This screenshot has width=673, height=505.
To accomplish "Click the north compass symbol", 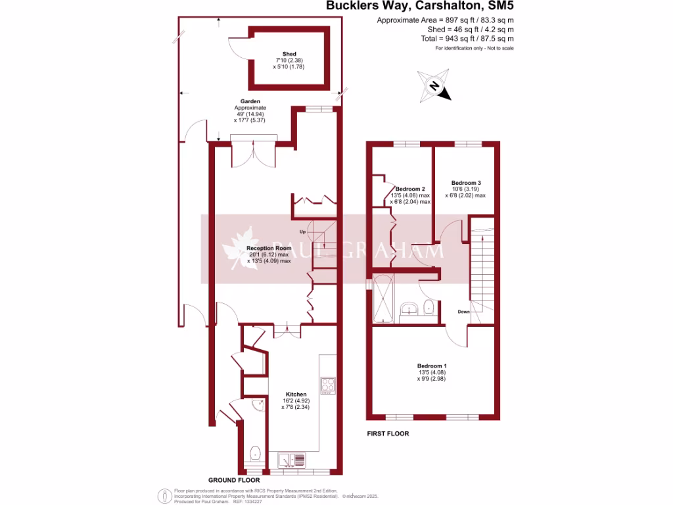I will point(434,85).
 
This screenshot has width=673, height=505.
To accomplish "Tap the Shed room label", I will point(289,54).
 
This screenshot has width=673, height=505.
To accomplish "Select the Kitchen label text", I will point(296,395).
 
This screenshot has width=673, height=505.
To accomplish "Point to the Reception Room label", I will point(268,249).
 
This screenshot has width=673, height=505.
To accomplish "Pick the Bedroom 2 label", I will point(411,189).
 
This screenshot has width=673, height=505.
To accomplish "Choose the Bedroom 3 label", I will point(465,182).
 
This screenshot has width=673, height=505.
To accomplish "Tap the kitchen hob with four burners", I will point(328,384).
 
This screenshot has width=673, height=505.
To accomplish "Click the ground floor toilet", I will point(256,452).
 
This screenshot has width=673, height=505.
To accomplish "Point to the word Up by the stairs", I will point(303,232).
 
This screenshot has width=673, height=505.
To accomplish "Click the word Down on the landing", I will point(464,312).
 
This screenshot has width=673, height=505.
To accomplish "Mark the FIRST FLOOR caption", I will point(388,433).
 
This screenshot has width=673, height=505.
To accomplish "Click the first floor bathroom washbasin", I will point(408,308).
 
